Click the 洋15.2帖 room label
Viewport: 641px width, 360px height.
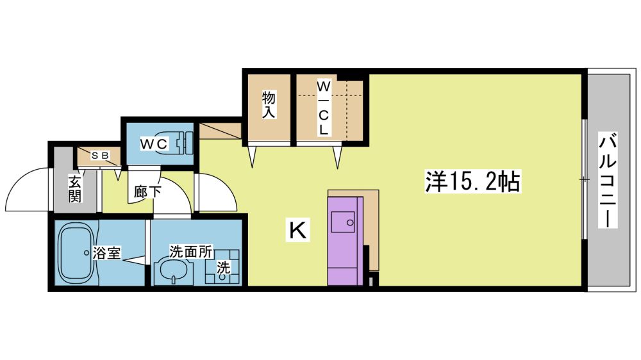coord(472,182)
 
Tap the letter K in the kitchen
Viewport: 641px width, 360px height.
coord(297,230)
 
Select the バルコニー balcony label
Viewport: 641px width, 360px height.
coord(608,180)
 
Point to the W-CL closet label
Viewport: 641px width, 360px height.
coord(323,108)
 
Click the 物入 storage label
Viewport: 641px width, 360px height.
coord(269,104)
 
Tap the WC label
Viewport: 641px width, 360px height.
coord(154,143)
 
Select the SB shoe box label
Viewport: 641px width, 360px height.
coord(100,155)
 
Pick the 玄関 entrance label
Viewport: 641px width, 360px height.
coord(74,188)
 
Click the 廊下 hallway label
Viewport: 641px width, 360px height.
coord(147,191)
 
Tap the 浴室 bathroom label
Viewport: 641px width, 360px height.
coord(106,253)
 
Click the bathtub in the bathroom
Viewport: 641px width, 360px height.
coord(78,253)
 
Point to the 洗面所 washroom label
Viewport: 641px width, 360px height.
coord(191,252)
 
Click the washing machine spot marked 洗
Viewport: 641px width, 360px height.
coord(223,267)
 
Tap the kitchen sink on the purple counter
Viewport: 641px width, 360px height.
coord(343,222)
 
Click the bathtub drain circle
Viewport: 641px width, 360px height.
coord(86,253)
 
